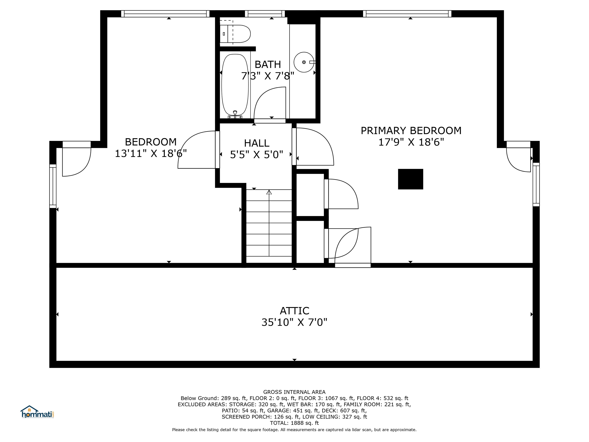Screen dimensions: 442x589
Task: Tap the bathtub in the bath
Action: pyautogui.click(x=235, y=85)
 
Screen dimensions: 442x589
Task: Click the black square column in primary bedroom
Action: pyautogui.click(x=410, y=179)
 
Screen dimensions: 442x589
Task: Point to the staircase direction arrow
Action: pyautogui.click(x=269, y=192)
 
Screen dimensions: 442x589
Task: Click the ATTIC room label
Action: pyautogui.click(x=294, y=311)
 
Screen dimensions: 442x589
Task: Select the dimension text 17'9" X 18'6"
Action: pyautogui.click(x=411, y=142)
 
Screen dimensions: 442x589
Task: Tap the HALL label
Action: pyautogui.click(x=257, y=143)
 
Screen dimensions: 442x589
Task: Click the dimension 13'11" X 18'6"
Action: pyautogui.click(x=151, y=153)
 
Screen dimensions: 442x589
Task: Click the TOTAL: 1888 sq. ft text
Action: pyautogui.click(x=294, y=423)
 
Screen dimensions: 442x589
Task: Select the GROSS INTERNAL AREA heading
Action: pyautogui.click(x=294, y=392)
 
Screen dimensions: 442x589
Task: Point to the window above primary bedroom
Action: pyautogui.click(x=407, y=14)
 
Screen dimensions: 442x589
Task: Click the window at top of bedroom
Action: pyautogui.click(x=165, y=14)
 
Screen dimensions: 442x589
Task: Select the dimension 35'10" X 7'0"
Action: pyautogui.click(x=294, y=322)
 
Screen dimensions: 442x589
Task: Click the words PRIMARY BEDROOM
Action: pyautogui.click(x=411, y=131)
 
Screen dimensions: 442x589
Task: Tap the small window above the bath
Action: pyautogui.click(x=265, y=14)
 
